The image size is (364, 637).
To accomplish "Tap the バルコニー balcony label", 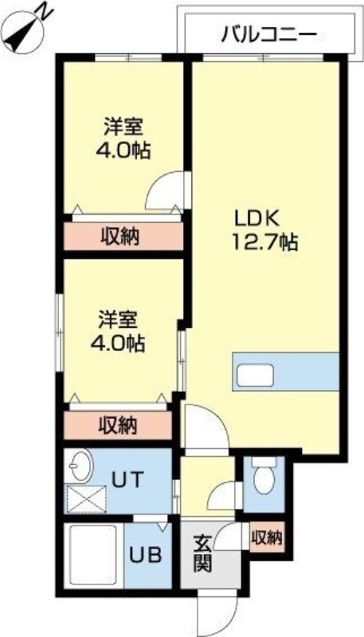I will click(269, 33).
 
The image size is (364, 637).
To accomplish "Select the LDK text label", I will click(255, 217).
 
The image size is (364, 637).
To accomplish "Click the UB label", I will click(145, 555).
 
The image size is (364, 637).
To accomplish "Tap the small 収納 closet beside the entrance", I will click(267, 537).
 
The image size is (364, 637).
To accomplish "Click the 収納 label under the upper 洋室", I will click(121, 236).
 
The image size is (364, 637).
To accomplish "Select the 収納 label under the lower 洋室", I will click(118, 424).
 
